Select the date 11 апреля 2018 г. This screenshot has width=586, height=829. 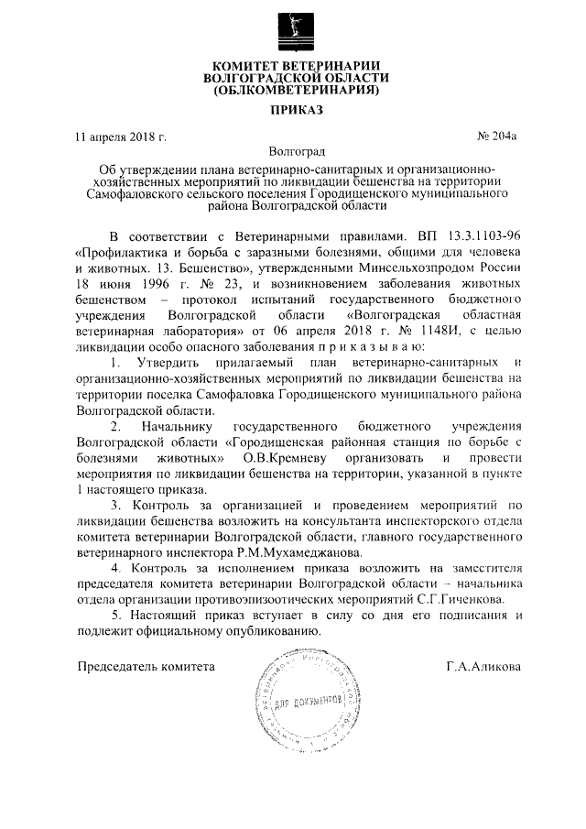[x=120, y=137]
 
